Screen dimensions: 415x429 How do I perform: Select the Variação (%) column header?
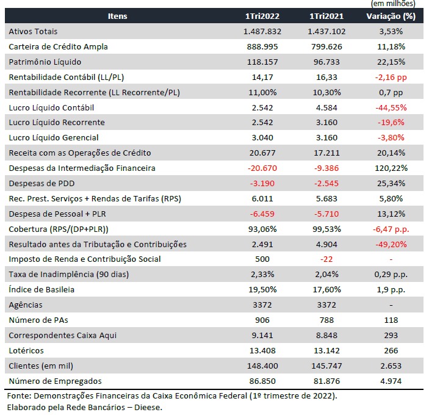tap(391, 16)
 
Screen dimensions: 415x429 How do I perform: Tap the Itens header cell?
tap(118, 16)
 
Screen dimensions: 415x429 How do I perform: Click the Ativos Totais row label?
tap(33, 31)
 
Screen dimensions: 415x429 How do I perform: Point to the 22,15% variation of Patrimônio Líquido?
tap(391, 62)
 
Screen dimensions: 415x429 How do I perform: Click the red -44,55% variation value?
tap(391, 107)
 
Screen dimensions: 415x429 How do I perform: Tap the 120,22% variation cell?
tap(391, 168)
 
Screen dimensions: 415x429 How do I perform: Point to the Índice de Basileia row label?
tap(41, 289)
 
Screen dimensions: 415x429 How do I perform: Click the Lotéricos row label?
tap(26, 350)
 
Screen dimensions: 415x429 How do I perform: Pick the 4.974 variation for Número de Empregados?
tap(391, 381)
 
